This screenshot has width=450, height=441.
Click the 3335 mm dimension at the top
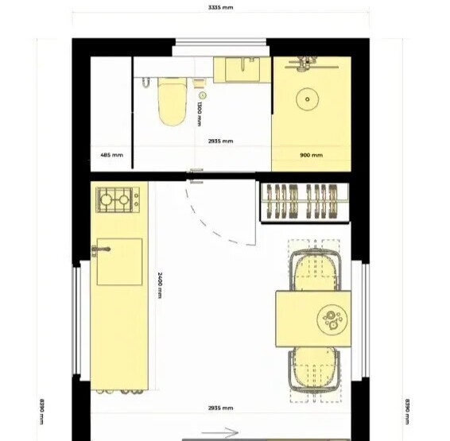(220, 7)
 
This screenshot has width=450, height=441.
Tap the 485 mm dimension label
(111, 155)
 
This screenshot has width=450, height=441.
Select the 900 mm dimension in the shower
(312, 155)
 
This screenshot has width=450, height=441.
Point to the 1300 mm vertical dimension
(200, 114)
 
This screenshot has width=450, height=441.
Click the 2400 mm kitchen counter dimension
(160, 285)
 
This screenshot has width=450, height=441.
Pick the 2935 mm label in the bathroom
(220, 141)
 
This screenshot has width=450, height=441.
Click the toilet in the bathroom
(172, 101)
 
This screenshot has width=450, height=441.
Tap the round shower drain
(308, 99)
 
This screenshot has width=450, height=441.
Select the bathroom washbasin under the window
(242, 69)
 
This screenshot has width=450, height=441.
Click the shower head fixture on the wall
(308, 64)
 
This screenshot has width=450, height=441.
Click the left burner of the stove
(105, 199)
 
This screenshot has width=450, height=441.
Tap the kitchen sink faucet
(101, 250)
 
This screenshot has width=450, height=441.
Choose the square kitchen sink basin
(119, 261)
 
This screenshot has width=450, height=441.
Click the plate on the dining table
(332, 319)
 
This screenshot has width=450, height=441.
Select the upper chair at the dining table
(315, 270)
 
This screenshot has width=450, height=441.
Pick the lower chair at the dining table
(315, 369)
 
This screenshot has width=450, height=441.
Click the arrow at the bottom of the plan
(220, 433)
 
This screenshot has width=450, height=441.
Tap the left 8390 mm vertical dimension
(41, 411)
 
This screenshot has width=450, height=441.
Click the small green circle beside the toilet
(203, 95)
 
